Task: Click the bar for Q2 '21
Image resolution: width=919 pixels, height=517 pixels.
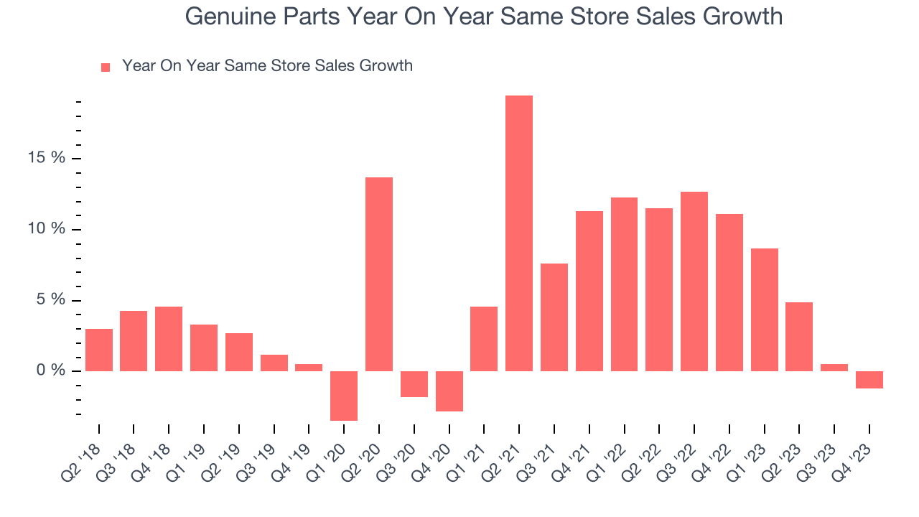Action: [x=519, y=233]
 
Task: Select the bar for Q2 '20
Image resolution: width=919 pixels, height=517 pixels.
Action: [x=379, y=274]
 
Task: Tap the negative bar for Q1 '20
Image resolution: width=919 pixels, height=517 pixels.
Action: [x=344, y=396]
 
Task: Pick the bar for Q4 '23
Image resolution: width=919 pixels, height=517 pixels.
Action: [x=869, y=380]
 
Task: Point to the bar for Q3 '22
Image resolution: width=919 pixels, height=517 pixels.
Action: [x=694, y=281]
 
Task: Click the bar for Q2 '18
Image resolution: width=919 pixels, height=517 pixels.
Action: [x=99, y=350]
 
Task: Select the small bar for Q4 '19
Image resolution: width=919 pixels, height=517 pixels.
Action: [x=309, y=368]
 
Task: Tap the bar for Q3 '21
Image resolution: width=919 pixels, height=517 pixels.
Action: [x=554, y=317]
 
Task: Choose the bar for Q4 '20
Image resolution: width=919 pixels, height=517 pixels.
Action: [x=449, y=391]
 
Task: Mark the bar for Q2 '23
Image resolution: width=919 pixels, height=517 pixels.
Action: [x=799, y=337]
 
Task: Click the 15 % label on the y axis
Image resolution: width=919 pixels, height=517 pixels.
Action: [x=47, y=158]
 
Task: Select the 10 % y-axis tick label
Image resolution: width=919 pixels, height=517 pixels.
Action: [x=47, y=229]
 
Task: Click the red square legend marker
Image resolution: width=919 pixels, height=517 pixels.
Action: [x=106, y=67]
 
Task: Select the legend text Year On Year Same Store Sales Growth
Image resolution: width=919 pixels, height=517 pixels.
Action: [x=267, y=66]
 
